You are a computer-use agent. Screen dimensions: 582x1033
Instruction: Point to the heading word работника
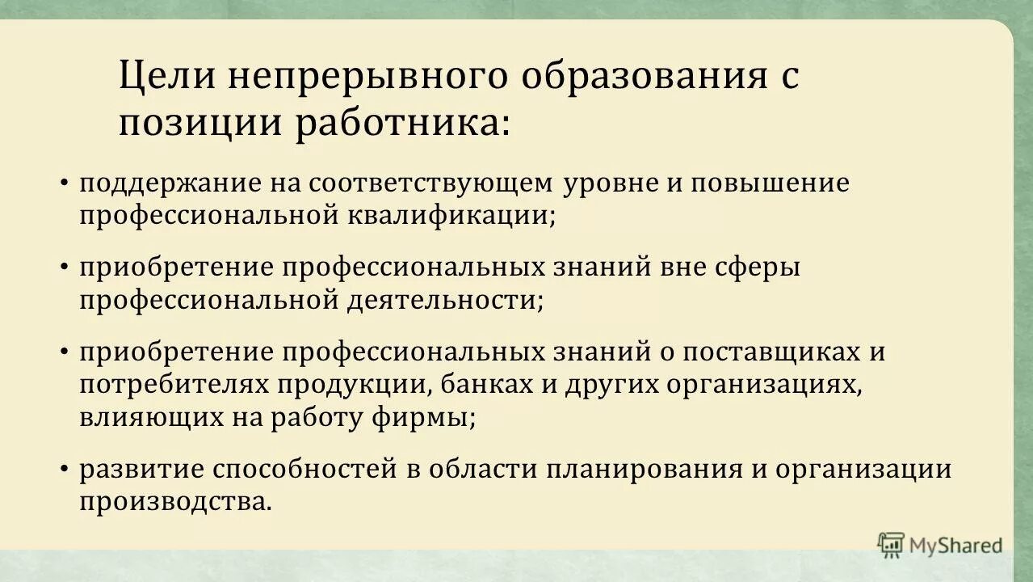tap(401, 124)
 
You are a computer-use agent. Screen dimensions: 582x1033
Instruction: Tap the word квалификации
tap(452, 215)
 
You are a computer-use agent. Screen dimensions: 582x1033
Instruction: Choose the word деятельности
tap(446, 300)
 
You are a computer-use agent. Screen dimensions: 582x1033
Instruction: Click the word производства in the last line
tap(175, 502)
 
